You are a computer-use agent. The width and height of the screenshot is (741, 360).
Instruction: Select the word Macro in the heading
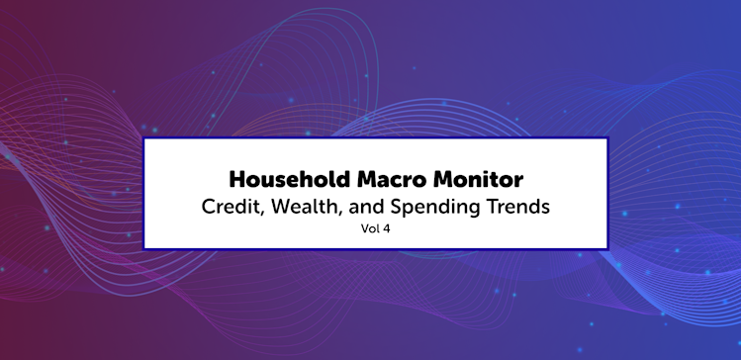(x=392, y=180)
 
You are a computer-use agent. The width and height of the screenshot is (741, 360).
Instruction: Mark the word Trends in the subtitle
(x=511, y=208)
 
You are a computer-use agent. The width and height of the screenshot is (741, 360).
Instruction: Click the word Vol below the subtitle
(x=370, y=229)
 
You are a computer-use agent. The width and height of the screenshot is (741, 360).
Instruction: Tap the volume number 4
(x=386, y=229)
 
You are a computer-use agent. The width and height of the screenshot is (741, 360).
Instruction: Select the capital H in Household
(x=237, y=180)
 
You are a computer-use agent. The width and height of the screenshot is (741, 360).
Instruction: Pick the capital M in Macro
(x=368, y=180)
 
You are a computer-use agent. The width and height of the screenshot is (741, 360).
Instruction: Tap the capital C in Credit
(x=209, y=208)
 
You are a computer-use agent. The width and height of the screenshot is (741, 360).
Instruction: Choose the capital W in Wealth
(x=282, y=208)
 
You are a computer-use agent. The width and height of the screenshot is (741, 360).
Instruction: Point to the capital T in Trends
(x=481, y=208)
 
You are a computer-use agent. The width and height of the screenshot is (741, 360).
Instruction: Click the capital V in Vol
(x=365, y=229)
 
